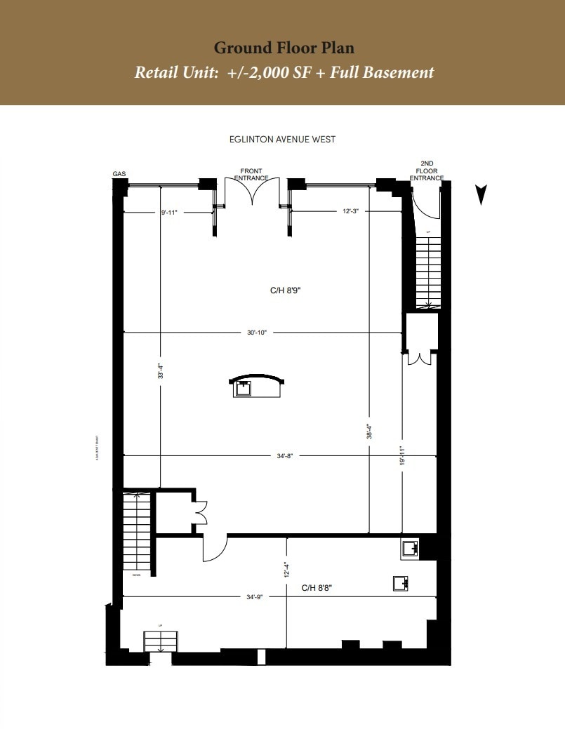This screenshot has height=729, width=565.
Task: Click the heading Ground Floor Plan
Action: tap(284, 48)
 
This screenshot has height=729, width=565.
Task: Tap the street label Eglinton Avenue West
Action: tap(282, 139)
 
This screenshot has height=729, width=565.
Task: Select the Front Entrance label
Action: tap(251, 175)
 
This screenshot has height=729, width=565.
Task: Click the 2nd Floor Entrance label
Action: tap(427, 170)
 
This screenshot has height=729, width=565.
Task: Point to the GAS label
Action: tap(119, 173)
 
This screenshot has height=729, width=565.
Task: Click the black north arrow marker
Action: tap(481, 194)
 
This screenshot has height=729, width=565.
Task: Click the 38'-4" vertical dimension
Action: tap(369, 431)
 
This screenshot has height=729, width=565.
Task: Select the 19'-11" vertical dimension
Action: tap(402, 456)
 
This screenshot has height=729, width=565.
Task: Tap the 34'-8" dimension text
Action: tap(284, 456)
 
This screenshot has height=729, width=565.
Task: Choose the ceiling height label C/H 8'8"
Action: tap(317, 588)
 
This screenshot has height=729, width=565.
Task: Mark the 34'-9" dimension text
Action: tap(255, 597)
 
